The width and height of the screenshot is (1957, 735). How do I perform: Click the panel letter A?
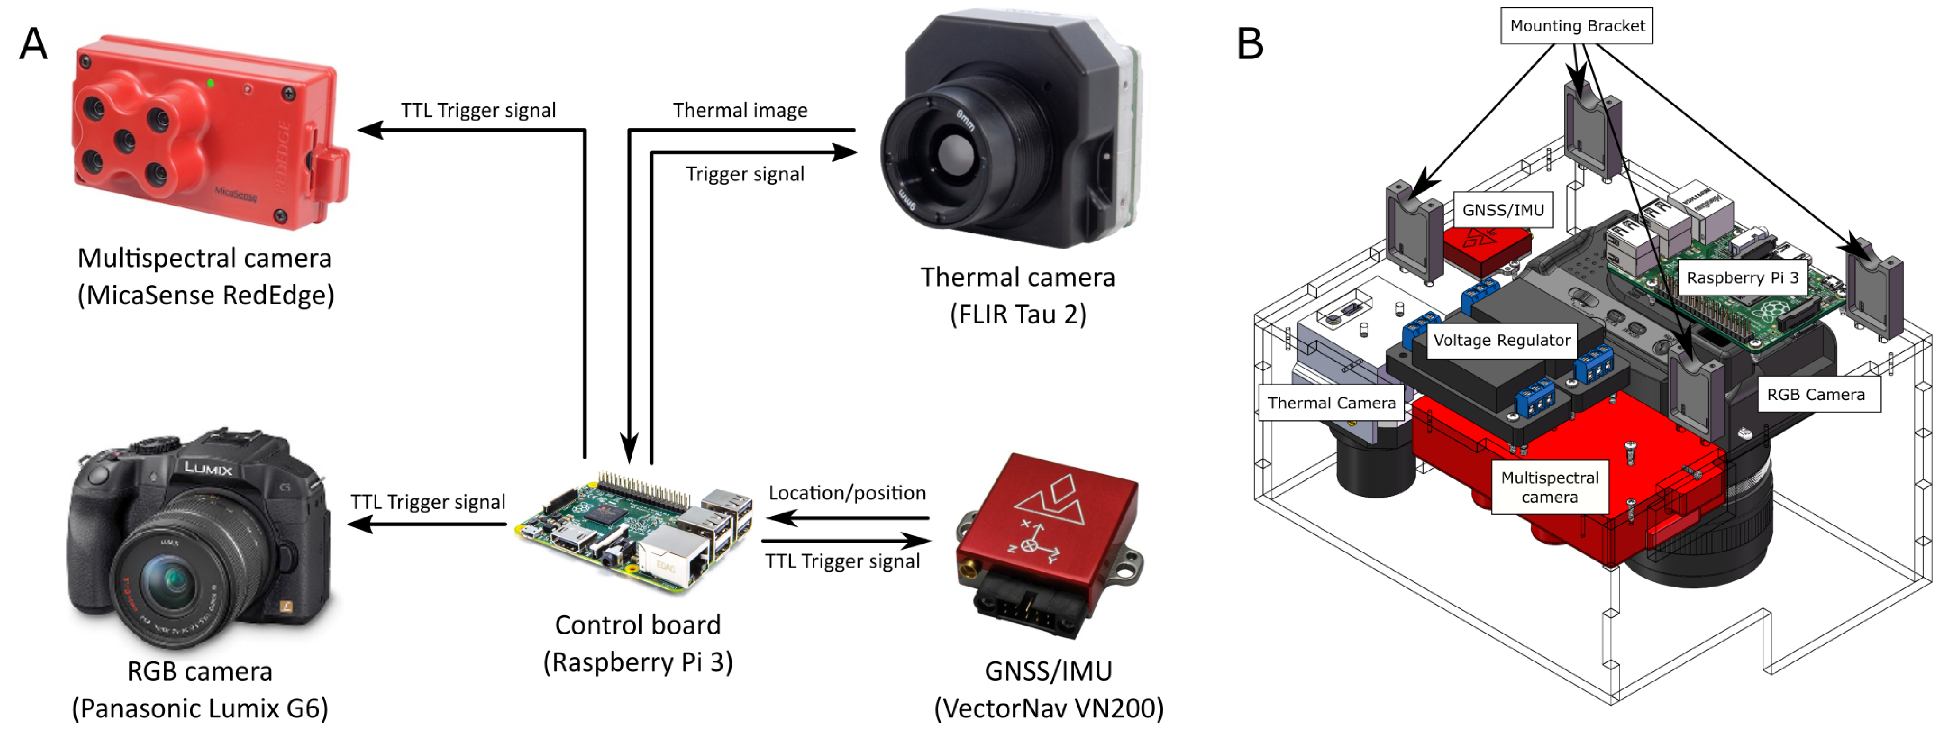[33, 44]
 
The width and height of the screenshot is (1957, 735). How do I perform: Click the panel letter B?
[1250, 44]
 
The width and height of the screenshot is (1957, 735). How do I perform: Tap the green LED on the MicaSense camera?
[210, 83]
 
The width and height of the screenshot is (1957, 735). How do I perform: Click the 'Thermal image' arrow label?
[740, 110]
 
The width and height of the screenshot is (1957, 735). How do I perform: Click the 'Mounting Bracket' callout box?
[1577, 26]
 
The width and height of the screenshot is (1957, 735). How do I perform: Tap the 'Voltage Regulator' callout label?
[1501, 340]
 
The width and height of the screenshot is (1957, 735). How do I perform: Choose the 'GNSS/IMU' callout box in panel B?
[1503, 210]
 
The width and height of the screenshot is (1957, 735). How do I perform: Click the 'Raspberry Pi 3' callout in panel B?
[1742, 277]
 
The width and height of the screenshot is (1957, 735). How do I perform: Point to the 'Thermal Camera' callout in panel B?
[1331, 403]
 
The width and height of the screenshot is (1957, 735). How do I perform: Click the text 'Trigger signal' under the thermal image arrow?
[744, 174]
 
